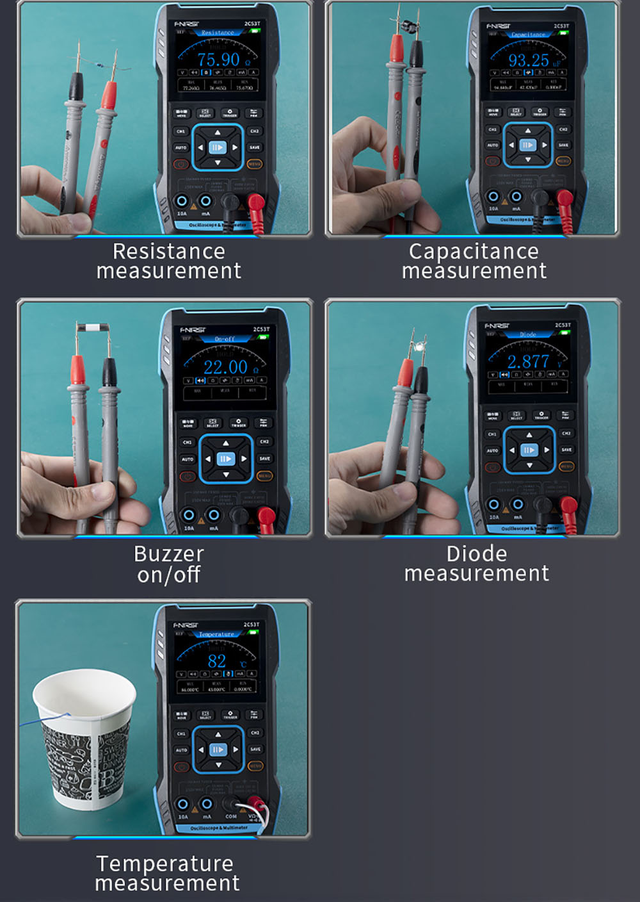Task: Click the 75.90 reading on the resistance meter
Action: pyautogui.click(x=218, y=60)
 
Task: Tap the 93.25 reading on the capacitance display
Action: pyautogui.click(x=529, y=60)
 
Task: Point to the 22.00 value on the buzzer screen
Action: pyautogui.click(x=225, y=367)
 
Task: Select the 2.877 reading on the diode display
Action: pyautogui.click(x=528, y=362)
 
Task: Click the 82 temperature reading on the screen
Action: pyautogui.click(x=217, y=661)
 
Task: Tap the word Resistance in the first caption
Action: pyautogui.click(x=168, y=251)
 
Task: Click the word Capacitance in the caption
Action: pyautogui.click(x=474, y=251)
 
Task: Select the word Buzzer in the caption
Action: pyautogui.click(x=169, y=553)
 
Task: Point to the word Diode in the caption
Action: pyautogui.click(x=476, y=553)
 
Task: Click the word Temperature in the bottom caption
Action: pyautogui.click(x=165, y=864)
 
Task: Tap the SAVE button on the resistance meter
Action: pyautogui.click(x=255, y=147)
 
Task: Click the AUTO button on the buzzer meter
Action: pyautogui.click(x=187, y=459)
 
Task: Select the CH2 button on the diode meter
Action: pyautogui.click(x=566, y=434)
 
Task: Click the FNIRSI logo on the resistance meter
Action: pyautogui.click(x=186, y=24)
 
